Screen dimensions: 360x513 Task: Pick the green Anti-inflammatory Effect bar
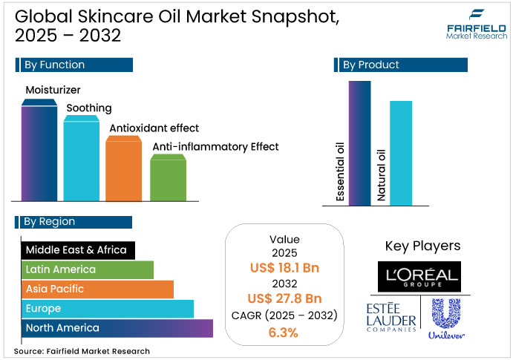click(x=168, y=178)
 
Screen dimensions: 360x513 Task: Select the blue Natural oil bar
click(x=401, y=152)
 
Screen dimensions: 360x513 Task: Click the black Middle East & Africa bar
click(x=78, y=250)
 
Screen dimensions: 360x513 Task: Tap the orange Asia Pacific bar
click(x=97, y=289)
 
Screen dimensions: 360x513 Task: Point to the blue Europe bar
click(x=108, y=308)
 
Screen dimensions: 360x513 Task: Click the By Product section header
click(x=402, y=65)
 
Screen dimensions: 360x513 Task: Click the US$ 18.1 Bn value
click(x=284, y=268)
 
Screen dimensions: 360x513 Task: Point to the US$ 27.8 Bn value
click(x=284, y=299)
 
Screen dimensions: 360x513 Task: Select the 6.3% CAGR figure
click(x=284, y=333)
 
